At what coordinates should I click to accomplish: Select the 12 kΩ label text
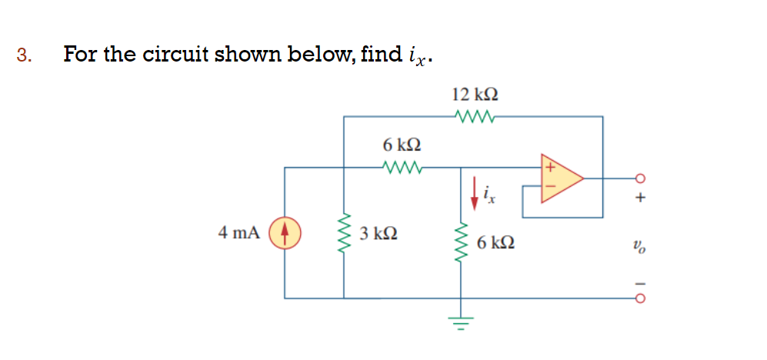click(475, 95)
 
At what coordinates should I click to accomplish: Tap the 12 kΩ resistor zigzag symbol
click(474, 117)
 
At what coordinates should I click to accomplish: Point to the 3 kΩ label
click(378, 233)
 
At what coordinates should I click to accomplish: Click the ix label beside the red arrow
click(490, 197)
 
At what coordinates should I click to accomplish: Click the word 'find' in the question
click(383, 55)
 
